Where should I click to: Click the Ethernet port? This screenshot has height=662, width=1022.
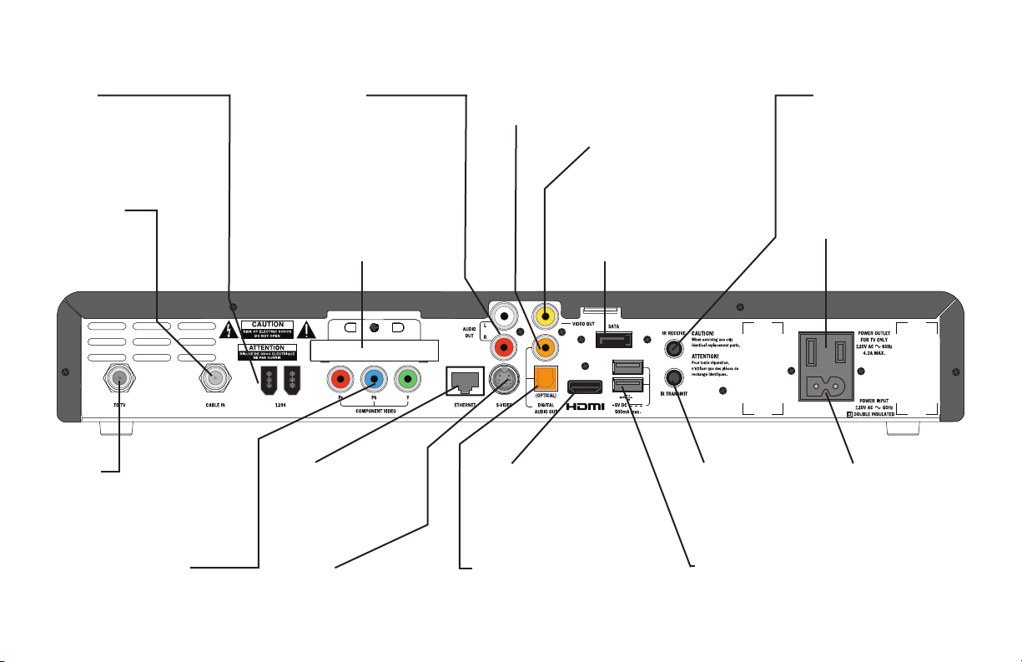pyautogui.click(x=466, y=381)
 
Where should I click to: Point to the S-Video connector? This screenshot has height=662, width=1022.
pyautogui.click(x=506, y=381)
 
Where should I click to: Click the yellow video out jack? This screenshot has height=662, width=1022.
pyautogui.click(x=545, y=316)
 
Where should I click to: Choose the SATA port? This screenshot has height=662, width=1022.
pyautogui.click(x=614, y=340)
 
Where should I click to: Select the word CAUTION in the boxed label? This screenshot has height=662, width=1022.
pyautogui.click(x=268, y=324)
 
